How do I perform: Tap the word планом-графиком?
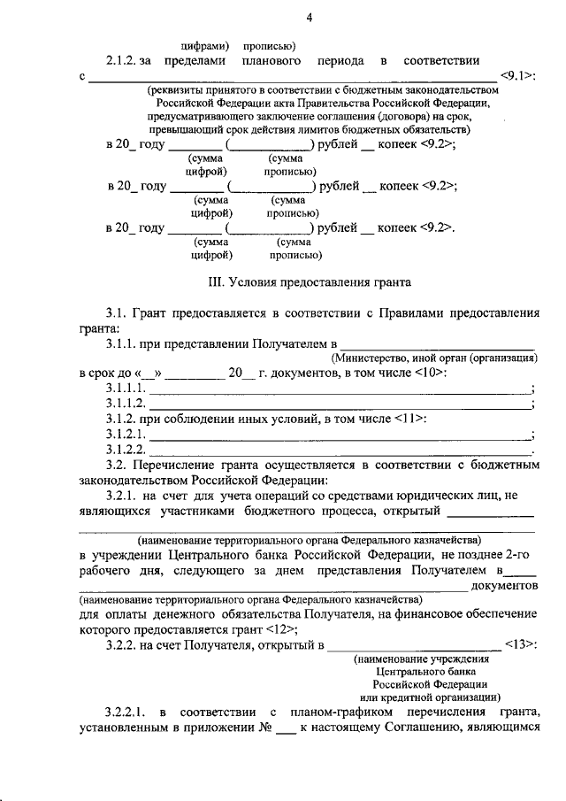333,712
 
